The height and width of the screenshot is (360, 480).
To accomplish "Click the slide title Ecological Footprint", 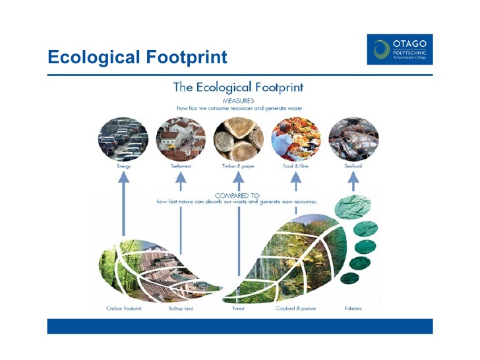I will click(137, 57).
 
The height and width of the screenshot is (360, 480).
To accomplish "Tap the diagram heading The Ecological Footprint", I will click(238, 87).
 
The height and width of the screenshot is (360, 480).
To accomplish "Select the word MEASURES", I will click(238, 100).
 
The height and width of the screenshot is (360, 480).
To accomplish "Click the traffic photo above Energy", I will click(123, 139).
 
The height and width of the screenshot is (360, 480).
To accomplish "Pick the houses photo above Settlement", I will click(181, 139).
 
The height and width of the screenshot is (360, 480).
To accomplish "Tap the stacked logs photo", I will click(238, 139).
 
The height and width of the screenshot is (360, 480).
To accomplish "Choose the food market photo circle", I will click(296, 139).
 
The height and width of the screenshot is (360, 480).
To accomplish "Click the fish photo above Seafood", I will click(353, 139).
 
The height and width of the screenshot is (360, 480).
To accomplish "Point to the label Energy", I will click(123, 167).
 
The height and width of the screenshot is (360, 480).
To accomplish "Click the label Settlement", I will click(181, 167).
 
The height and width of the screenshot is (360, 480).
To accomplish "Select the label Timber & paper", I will click(238, 167).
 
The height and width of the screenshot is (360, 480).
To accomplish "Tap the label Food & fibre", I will click(296, 167).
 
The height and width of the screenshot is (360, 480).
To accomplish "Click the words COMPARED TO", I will click(238, 196).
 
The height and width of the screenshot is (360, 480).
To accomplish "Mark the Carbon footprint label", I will click(124, 309).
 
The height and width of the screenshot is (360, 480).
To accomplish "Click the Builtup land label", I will click(181, 309).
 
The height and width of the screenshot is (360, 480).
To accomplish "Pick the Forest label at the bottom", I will click(238, 309).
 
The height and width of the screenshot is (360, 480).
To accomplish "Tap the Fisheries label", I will click(353, 309).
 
